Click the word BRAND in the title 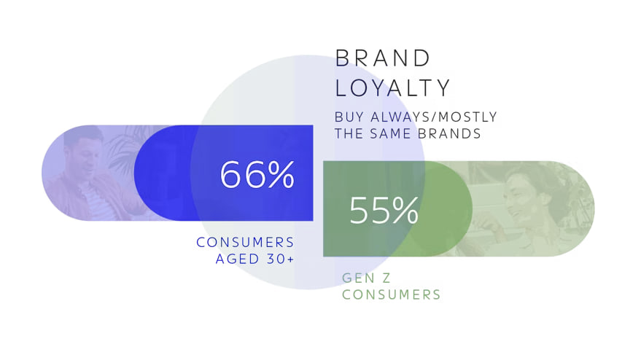383,58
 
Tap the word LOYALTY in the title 393,88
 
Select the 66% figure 257,174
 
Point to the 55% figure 384,210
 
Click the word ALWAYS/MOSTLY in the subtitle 434,117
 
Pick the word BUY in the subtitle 349,117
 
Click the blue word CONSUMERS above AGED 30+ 245,243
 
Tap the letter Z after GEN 386,278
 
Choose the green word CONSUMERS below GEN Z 391,294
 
